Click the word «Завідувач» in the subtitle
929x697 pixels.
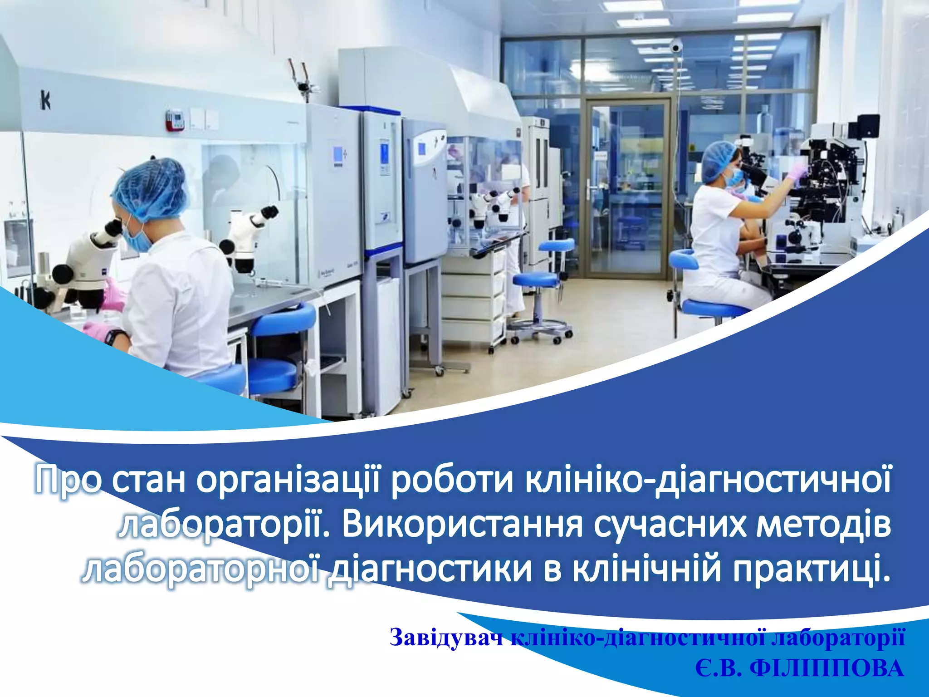(446, 638)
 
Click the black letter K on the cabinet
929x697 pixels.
(45, 101)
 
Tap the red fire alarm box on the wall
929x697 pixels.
(175, 120)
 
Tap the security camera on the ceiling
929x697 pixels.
(676, 45)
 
